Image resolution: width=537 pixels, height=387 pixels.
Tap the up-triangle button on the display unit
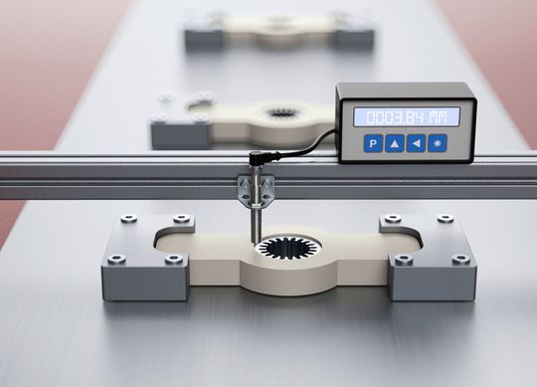395,143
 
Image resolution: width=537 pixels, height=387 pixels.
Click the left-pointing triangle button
416,143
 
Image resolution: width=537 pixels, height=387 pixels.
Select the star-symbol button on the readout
438,143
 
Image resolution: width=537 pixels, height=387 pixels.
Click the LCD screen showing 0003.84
406,116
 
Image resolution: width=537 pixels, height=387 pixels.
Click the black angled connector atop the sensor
258,159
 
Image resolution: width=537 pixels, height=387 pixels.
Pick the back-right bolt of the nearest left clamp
180,219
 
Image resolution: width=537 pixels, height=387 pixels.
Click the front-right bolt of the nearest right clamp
460,259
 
